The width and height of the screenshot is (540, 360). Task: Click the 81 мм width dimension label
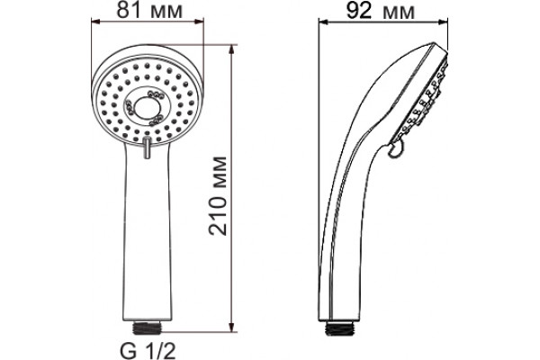(149, 10)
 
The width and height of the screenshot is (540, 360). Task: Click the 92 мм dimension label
(380, 11)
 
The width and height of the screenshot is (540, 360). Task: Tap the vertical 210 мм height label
(218, 195)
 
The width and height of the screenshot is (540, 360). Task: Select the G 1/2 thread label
(148, 351)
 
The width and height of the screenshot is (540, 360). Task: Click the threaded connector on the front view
(147, 328)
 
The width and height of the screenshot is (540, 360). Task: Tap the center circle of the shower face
(147, 108)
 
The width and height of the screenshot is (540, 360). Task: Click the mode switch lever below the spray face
(147, 147)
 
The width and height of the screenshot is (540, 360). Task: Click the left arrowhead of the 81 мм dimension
(95, 22)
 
